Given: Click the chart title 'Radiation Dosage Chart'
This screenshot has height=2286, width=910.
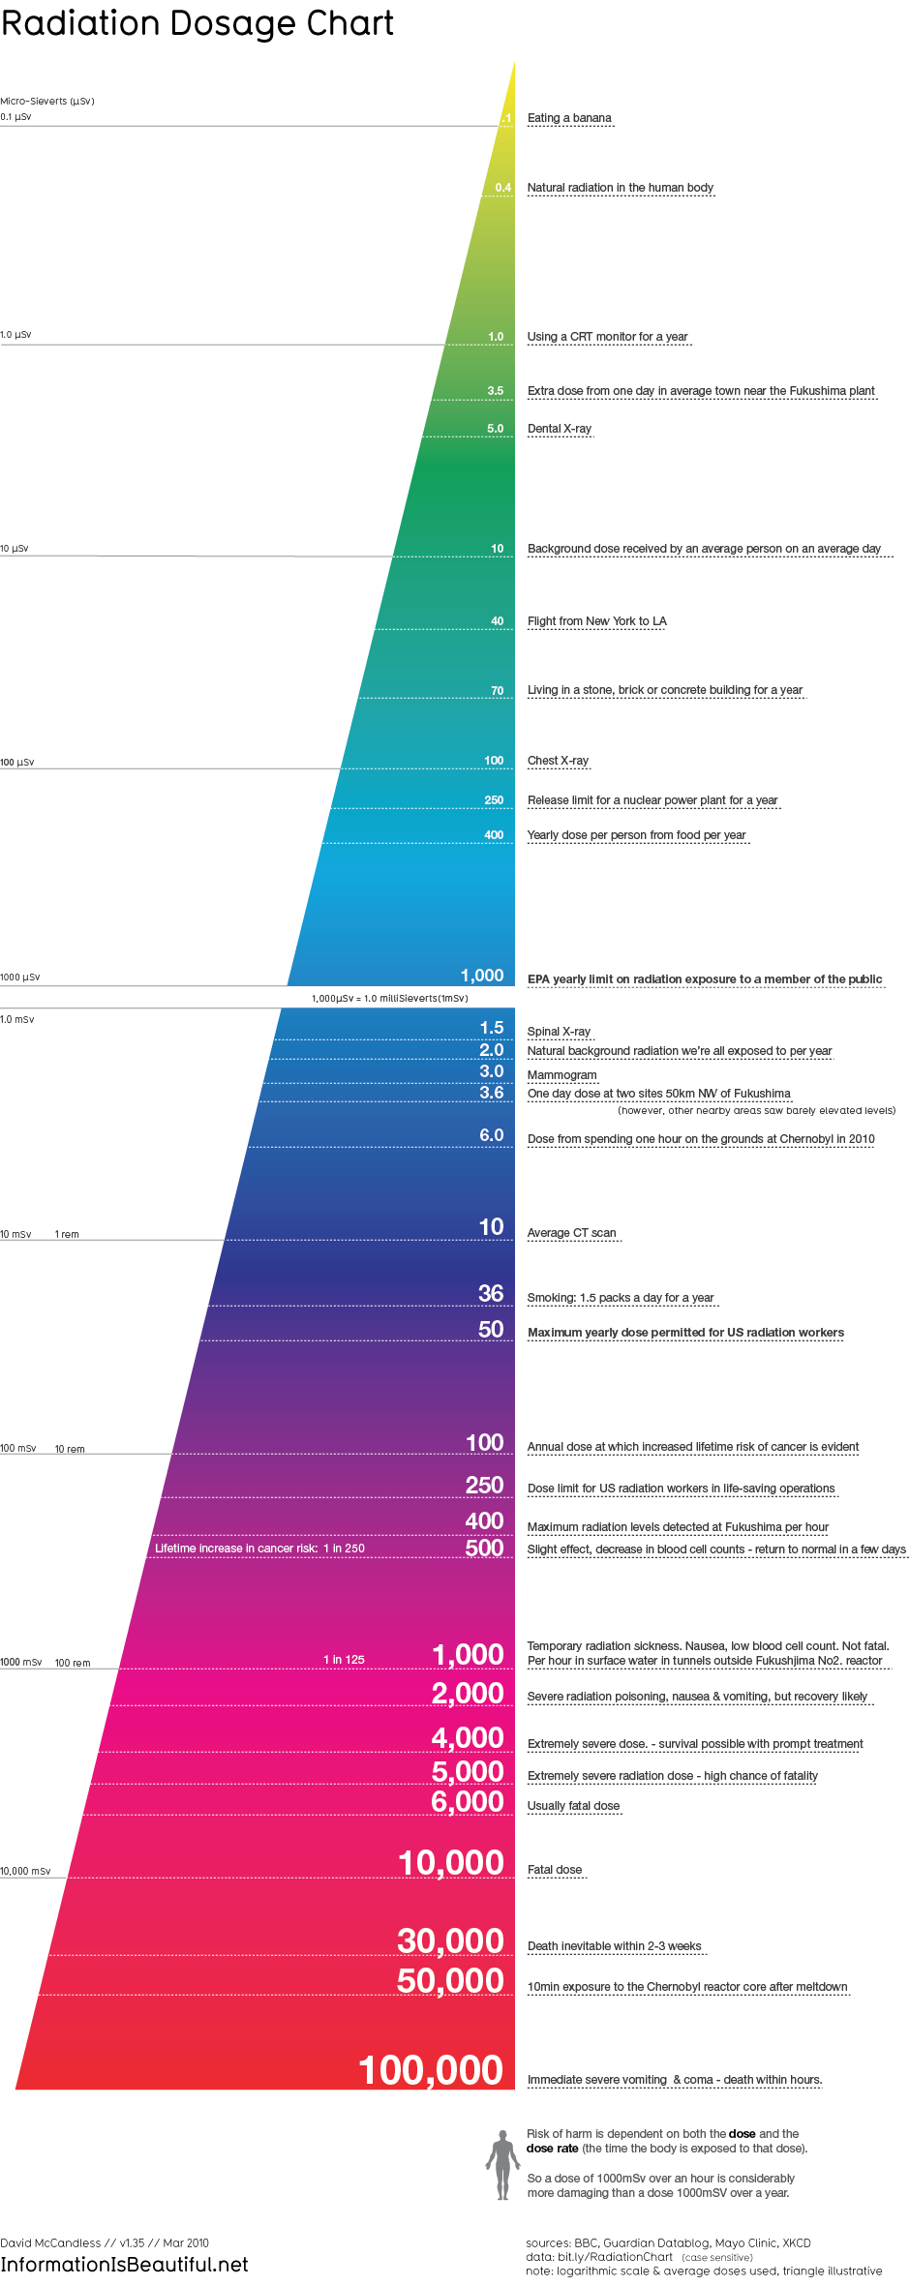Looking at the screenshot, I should (x=197, y=23).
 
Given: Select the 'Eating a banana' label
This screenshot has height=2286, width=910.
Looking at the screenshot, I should (x=569, y=118).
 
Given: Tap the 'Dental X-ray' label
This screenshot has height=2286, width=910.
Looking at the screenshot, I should (x=560, y=429).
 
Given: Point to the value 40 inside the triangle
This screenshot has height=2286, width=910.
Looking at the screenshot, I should (x=497, y=621).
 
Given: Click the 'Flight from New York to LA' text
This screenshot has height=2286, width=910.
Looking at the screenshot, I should (x=596, y=621).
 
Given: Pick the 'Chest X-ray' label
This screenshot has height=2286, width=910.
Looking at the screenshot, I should (x=558, y=761).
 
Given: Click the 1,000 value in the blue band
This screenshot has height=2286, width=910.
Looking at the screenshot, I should (x=481, y=976).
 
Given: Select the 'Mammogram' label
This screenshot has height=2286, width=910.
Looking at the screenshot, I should (x=561, y=1075).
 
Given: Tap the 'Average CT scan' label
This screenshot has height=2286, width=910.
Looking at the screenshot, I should (x=571, y=1233).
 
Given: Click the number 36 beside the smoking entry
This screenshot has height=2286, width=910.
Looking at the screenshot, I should (x=491, y=1293).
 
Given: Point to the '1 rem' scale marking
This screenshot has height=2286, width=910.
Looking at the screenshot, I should (x=67, y=1235).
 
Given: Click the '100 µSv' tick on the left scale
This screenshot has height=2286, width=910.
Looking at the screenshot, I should (x=17, y=763).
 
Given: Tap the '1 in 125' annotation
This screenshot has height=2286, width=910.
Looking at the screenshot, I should (x=344, y=1660).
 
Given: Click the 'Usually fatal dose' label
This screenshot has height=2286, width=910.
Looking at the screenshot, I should (x=573, y=1806).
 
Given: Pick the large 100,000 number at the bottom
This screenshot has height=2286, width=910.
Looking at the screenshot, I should (x=431, y=2070).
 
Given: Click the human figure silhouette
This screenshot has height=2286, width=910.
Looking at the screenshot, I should (x=501, y=2165).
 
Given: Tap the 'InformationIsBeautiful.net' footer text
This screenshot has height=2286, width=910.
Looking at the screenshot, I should (x=124, y=2265).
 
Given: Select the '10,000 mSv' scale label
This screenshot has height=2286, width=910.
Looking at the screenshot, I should (x=25, y=1872).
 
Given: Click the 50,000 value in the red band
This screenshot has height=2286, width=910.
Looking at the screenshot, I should (x=450, y=1981).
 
